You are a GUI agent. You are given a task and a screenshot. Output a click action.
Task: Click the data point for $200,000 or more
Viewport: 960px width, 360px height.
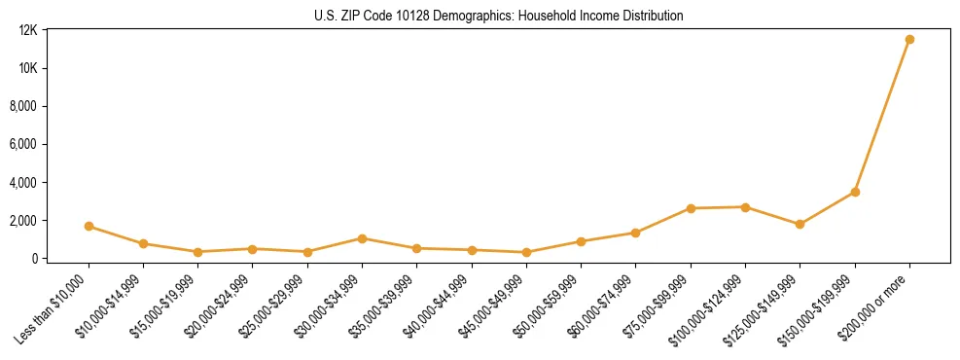point(909,39)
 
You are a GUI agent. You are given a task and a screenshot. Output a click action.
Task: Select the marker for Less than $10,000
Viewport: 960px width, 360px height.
point(89,226)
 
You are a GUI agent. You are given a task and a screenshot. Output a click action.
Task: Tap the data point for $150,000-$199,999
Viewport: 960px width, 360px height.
point(855,192)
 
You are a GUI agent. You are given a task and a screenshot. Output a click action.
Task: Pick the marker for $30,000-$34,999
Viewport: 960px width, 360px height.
point(362,238)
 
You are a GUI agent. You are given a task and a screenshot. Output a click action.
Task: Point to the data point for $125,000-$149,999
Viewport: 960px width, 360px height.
point(800,224)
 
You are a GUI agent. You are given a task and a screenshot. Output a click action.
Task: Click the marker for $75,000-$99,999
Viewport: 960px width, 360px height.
point(691,208)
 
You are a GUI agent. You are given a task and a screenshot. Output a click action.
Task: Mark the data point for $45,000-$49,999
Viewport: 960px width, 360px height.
point(526,252)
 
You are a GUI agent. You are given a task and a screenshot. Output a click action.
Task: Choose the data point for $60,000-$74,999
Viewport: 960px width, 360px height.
point(635,233)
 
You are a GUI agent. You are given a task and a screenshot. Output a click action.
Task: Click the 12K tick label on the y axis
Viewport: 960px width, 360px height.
point(27,30)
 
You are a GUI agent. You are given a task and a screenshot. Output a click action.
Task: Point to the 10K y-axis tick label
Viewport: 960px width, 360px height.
point(27,68)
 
